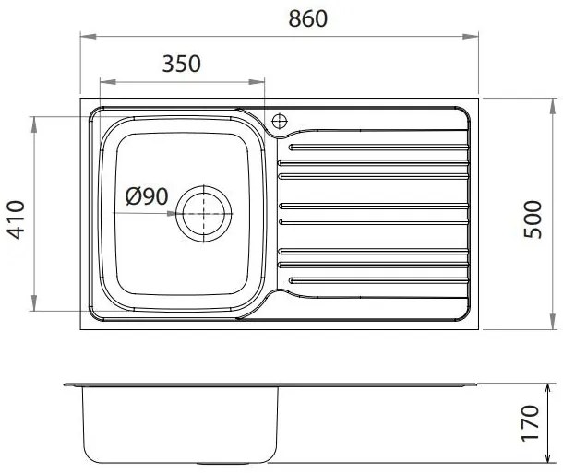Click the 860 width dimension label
point(308,19)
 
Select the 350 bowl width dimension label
point(181,64)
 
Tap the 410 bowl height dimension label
point(17,219)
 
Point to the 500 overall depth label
point(533,219)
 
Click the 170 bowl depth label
point(530,423)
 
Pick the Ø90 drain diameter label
point(147,196)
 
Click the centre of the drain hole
point(204,214)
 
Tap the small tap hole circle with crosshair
point(280,121)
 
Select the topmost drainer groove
point(378,147)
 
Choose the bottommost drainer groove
point(378,280)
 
